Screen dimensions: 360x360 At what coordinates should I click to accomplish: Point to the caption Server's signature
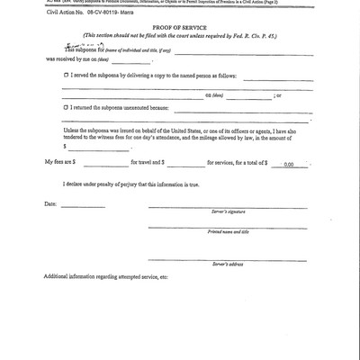(x=226, y=212)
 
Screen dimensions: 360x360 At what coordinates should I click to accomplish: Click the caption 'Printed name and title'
(x=228, y=231)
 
